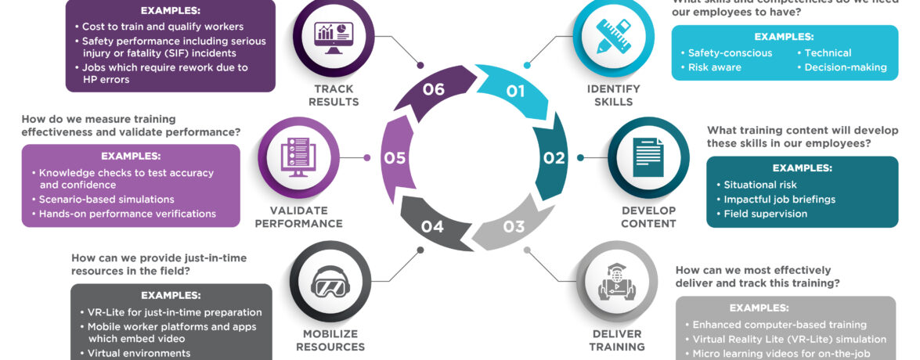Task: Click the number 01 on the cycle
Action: coord(514,92)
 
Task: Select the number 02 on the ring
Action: coord(554,158)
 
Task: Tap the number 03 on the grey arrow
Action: coord(514,227)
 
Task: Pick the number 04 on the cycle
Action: coord(432,227)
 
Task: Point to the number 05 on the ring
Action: coord(395,158)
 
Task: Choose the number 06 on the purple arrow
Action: coord(433,89)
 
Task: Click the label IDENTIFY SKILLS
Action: coord(614,95)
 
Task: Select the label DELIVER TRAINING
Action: coord(618,340)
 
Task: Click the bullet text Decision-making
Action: coord(846,67)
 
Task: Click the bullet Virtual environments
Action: coord(139,353)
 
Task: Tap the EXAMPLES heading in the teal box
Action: coord(802,168)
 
